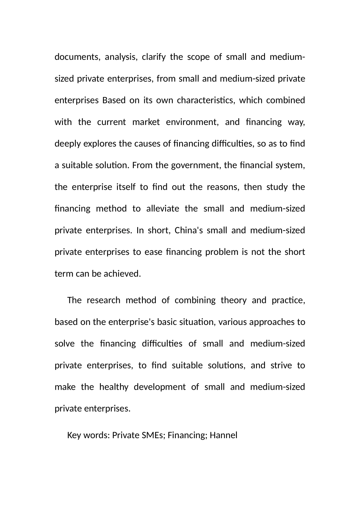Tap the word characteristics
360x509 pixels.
[x=205, y=100]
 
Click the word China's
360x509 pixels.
[x=189, y=230]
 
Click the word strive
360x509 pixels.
[x=281, y=365]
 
